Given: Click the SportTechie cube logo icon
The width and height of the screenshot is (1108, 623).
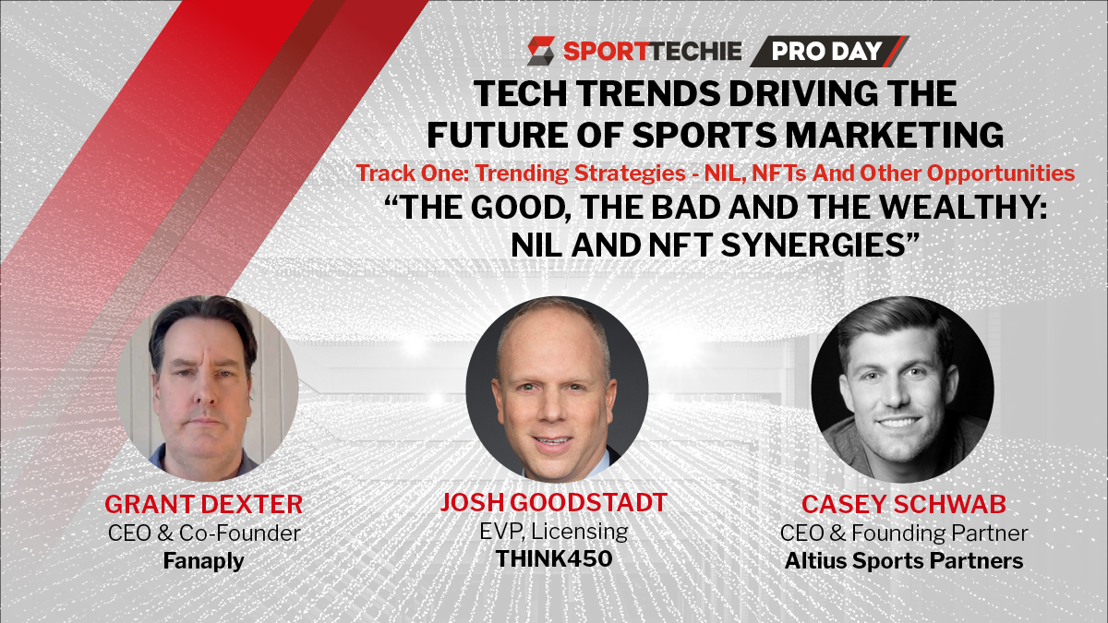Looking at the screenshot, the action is pos(541,51).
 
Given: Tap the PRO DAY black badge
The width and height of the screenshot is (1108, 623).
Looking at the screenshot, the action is pos(829,51).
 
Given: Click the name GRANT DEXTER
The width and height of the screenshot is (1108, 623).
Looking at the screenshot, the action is pos(203,504).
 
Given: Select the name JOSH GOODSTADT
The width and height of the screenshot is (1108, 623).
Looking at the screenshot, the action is pos(553,502).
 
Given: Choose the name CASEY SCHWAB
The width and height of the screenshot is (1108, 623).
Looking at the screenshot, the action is pos(904,504).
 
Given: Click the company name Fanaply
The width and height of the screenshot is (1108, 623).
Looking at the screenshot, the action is pos(203,561).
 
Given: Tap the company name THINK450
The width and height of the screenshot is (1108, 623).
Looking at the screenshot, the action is pos(554,558).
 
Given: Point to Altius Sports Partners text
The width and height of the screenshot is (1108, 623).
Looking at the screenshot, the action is pos(904,561).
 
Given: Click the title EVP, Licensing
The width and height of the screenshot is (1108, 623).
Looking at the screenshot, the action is pos(553,532).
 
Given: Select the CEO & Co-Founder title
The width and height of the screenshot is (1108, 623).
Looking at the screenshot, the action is pos(204,533).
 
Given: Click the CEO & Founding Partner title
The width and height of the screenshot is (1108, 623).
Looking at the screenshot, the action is pos(904,533).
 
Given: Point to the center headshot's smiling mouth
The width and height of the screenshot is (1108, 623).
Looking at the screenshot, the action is pos(552,441).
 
